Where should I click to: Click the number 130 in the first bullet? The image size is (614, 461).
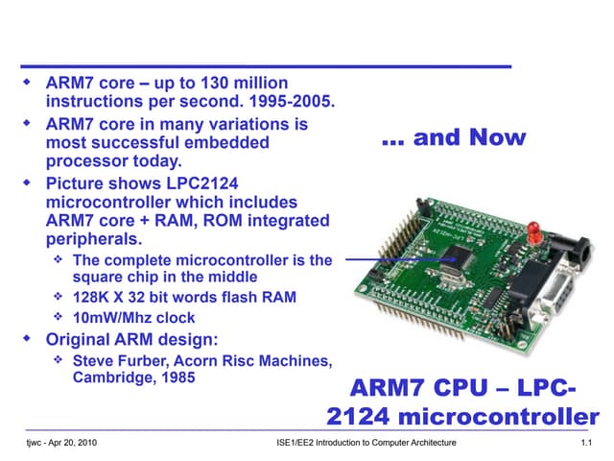pos(215,84)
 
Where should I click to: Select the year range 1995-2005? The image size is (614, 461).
pos(292,101)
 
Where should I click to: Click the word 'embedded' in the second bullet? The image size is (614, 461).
pos(226,143)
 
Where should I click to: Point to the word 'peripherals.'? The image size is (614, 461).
pos(94,239)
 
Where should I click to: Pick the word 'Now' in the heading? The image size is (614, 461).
pos(497,137)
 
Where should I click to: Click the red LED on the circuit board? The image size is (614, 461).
pos(533,232)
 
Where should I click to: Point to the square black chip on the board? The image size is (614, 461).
pos(459,256)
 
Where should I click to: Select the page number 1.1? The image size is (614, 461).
pos(586,443)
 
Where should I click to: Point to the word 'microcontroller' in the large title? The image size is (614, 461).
pos(499,416)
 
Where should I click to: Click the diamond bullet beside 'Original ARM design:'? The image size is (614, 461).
pos(27,338)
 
